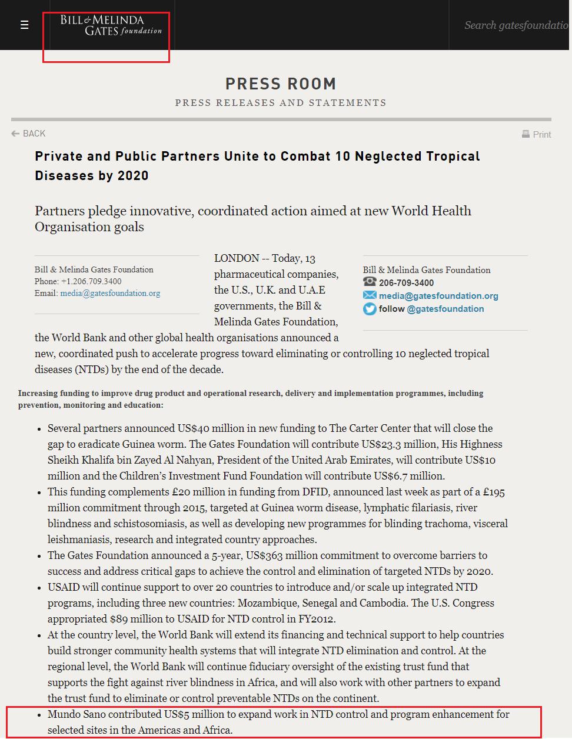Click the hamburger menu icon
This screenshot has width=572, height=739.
click(x=24, y=25)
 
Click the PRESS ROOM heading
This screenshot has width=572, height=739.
click(x=281, y=84)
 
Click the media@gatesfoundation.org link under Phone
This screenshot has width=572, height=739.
click(x=110, y=293)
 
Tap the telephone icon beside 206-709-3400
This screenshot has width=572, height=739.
click(x=370, y=282)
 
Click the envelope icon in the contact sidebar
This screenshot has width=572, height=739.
click(x=370, y=295)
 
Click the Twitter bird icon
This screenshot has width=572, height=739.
click(x=370, y=309)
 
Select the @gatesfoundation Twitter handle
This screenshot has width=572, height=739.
click(x=445, y=309)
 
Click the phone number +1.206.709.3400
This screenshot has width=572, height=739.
click(x=91, y=281)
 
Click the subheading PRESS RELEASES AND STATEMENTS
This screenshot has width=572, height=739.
click(x=281, y=103)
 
